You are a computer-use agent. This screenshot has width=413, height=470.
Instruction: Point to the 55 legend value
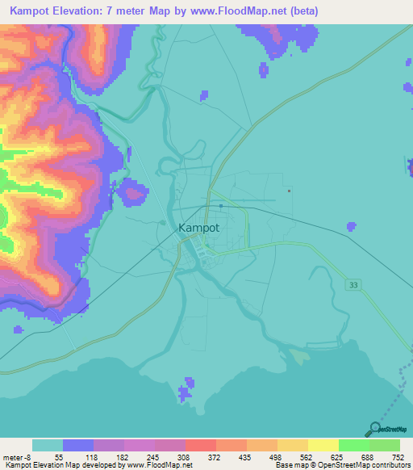60,457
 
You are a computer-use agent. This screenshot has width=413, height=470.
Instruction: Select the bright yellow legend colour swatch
322,445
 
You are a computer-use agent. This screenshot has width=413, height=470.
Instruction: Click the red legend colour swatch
199,445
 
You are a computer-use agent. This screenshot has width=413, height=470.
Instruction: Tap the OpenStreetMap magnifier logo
374,429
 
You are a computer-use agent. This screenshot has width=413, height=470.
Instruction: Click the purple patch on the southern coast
186,389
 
